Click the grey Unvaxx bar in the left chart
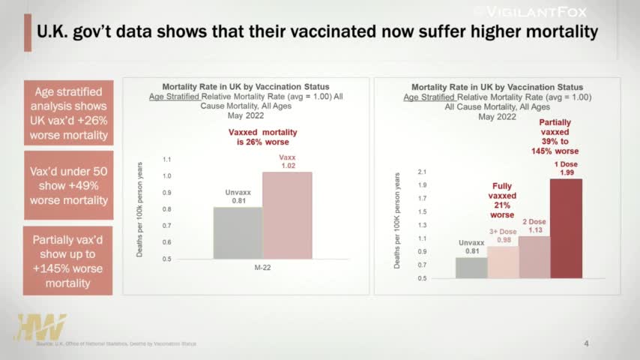point(238,233)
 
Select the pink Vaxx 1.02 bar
point(287,216)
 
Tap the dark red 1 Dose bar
point(566,229)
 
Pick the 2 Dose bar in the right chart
point(534,257)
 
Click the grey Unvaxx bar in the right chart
point(471,268)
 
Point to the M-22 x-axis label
point(262,267)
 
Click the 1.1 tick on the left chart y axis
point(167,160)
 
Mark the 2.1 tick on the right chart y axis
point(422,172)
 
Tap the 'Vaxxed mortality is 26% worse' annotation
point(259,136)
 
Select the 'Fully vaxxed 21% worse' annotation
point(503,200)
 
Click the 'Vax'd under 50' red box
point(68,185)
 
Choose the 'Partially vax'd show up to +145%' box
point(68,261)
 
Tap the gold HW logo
point(40,328)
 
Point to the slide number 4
point(586,343)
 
